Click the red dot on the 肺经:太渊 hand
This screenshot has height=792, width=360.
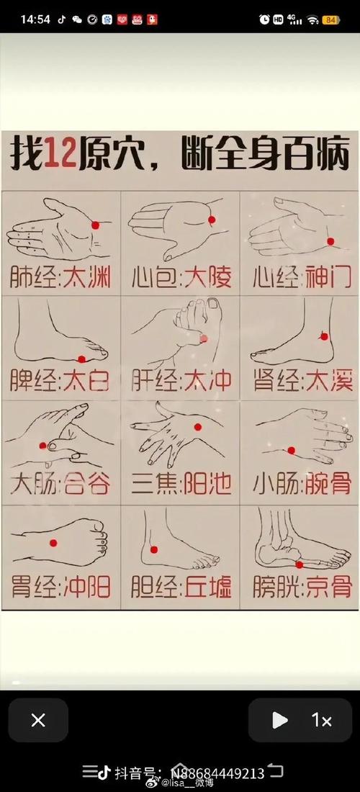pos(95,225)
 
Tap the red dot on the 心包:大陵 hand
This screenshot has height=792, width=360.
pos(212,220)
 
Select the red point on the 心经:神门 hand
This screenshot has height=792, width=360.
pos(330,241)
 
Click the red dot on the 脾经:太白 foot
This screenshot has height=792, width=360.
pos(81,359)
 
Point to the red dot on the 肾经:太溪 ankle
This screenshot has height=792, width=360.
pos(324,336)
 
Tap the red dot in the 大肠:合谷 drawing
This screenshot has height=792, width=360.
pos(43,446)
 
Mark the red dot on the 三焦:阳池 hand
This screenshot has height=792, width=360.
pos(197,428)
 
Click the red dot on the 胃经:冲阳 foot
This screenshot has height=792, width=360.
pos(53,542)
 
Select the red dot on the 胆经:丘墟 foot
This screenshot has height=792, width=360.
pos(153,549)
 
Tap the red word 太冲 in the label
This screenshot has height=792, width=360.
pos(208,380)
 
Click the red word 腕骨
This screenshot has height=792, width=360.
pos(328,484)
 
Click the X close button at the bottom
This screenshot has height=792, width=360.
pos(38,720)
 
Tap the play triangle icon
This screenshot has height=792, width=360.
pos(280,720)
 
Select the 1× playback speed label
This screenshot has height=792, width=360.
pos(321,720)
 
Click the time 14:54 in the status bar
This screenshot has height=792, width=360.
pos(35,19)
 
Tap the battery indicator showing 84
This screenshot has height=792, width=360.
pos(331,19)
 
